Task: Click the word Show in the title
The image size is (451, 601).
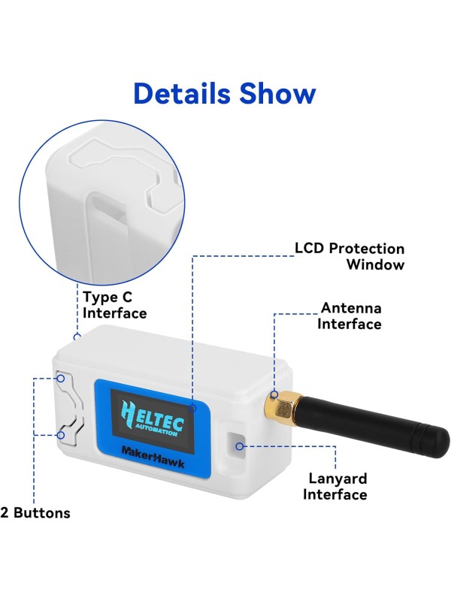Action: [277, 93]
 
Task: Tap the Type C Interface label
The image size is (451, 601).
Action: [115, 305]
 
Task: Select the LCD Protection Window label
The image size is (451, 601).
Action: [349, 256]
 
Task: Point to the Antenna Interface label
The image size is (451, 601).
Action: [350, 316]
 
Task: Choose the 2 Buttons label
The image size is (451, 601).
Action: [35, 514]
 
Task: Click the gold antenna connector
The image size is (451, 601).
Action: [280, 407]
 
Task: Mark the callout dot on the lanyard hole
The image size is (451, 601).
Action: [240, 445]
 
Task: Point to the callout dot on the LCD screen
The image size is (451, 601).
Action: [193, 408]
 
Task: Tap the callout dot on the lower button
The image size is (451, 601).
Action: [62, 434]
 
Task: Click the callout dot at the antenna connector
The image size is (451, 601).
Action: [274, 393]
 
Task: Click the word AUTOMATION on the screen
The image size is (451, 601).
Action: [160, 431]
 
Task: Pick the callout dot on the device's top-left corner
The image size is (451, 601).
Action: [77, 337]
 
